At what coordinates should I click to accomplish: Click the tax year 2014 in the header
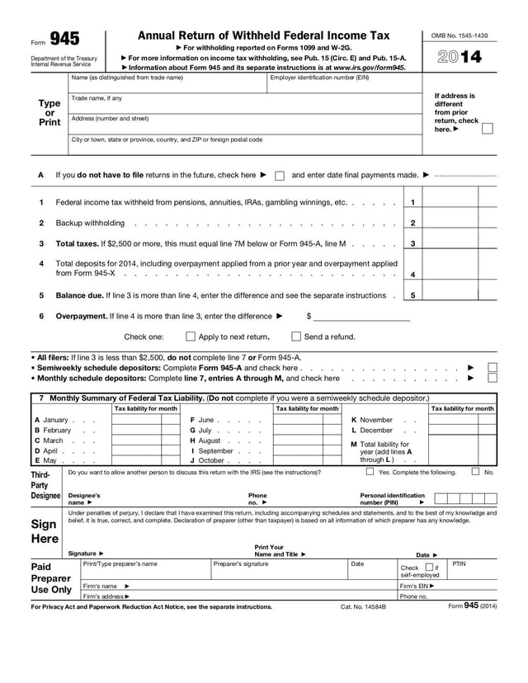[459, 57]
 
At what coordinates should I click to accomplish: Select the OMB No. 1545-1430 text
[460, 35]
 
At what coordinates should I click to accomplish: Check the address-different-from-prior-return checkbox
[488, 129]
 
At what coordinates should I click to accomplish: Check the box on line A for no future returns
[280, 176]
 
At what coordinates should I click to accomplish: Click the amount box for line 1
[460, 202]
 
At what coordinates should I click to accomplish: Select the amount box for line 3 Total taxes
[460, 243]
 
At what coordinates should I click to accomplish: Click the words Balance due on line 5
[79, 295]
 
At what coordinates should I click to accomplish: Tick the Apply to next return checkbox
[191, 337]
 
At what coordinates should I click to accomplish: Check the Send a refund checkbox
[296, 337]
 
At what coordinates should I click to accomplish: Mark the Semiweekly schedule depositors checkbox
[493, 367]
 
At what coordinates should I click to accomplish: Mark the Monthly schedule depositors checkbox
[493, 379]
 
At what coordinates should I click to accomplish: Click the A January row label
[51, 420]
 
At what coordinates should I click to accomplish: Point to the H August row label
[205, 440]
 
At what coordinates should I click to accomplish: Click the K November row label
[371, 420]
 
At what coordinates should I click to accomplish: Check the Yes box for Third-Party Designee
[370, 472]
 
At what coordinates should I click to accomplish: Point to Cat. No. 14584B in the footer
[369, 606]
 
